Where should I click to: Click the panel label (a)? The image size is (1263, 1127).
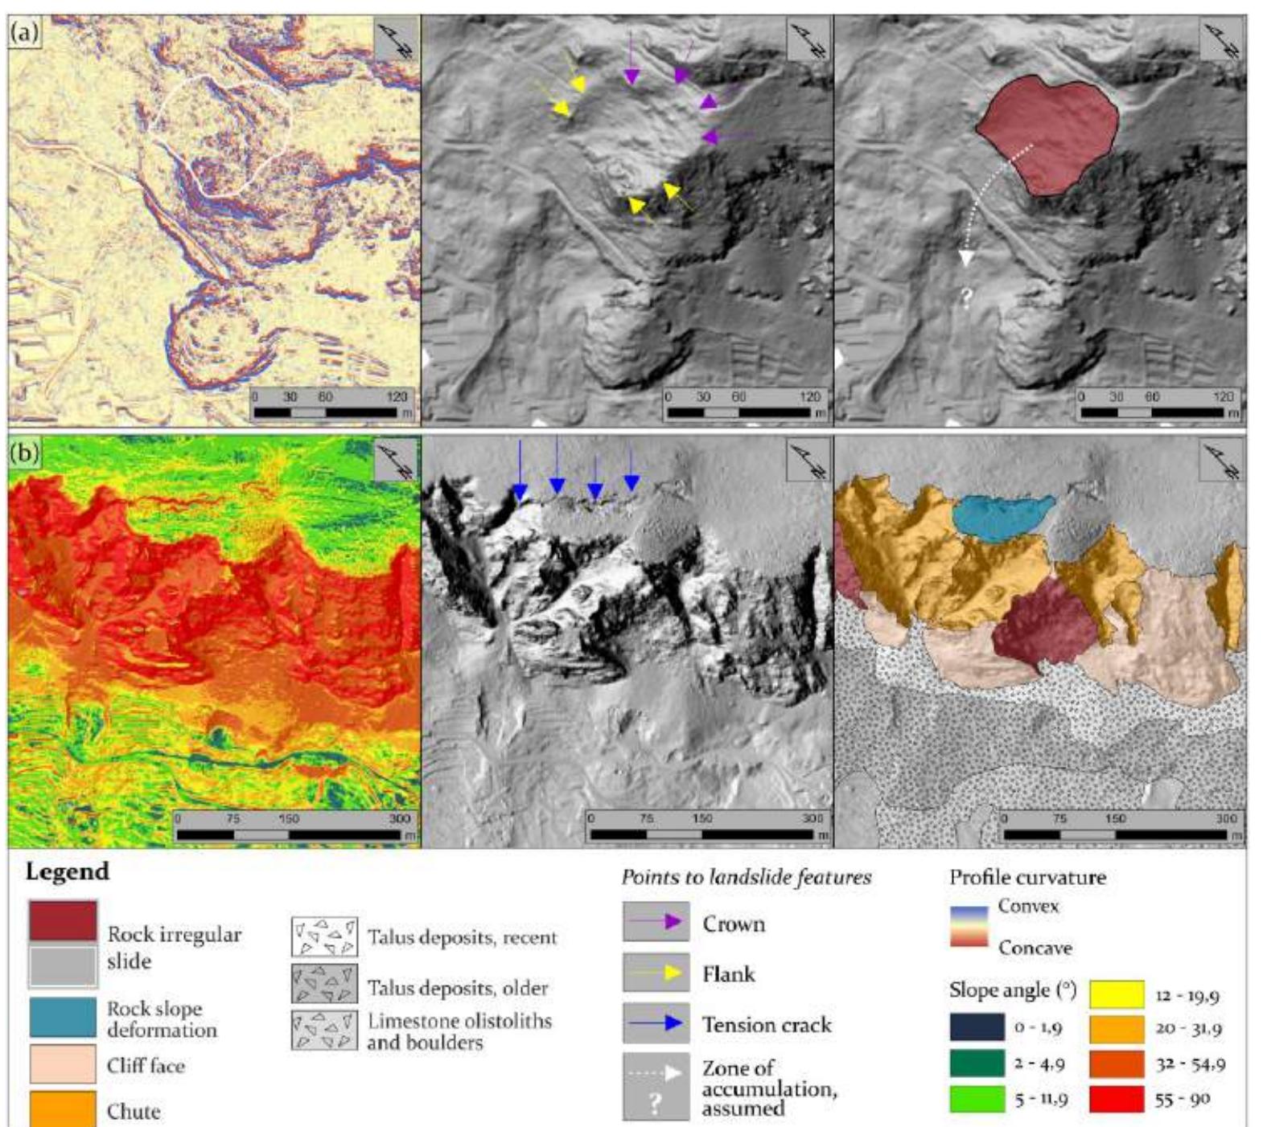point(24,33)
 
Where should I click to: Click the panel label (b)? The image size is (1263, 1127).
point(24,453)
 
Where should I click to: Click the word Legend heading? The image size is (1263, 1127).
point(67,872)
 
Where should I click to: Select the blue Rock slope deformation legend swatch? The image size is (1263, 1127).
point(63,1017)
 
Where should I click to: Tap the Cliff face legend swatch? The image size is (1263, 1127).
point(63,1063)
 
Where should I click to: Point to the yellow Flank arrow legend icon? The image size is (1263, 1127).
point(656,973)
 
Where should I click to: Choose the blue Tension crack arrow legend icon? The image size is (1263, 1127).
point(656,1023)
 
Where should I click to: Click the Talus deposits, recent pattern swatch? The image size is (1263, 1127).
point(323,936)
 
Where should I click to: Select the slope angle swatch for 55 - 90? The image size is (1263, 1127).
point(1116,1099)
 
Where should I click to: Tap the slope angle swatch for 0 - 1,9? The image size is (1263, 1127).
point(977,1027)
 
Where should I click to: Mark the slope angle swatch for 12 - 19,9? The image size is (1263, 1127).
point(1116,994)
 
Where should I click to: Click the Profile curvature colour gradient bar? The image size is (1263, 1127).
point(969,927)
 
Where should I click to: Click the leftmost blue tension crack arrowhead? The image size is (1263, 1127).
point(520,492)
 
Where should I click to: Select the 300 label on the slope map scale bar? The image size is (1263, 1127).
point(400,819)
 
